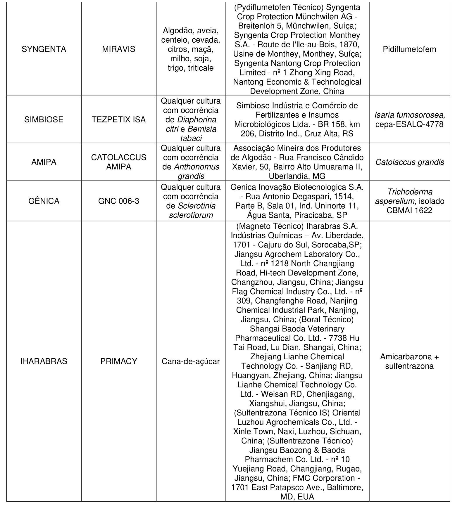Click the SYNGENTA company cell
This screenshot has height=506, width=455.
tap(44, 49)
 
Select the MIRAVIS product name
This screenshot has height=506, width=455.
tap(119, 49)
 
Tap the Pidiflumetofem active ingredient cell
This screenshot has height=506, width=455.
tap(409, 49)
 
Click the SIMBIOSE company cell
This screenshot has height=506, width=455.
tap(44, 119)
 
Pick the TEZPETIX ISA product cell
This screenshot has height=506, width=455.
tap(119, 119)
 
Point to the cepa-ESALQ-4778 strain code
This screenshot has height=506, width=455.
tap(409, 124)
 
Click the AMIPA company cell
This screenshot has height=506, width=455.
tap(44, 162)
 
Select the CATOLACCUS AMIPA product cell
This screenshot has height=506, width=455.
tap(119, 162)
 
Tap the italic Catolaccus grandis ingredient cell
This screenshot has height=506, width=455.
tap(409, 162)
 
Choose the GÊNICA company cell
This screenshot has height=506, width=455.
tap(44, 201)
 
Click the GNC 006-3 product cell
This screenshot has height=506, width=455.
tap(119, 201)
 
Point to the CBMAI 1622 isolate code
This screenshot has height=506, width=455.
tap(409, 210)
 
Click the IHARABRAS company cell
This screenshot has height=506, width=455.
tap(44, 361)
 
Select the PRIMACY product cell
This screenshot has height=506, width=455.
tap(119, 361)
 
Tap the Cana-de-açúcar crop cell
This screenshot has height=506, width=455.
tap(191, 361)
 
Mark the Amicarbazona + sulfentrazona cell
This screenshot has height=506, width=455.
tap(409, 361)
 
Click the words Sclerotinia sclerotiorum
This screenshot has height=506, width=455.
tap(191, 211)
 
